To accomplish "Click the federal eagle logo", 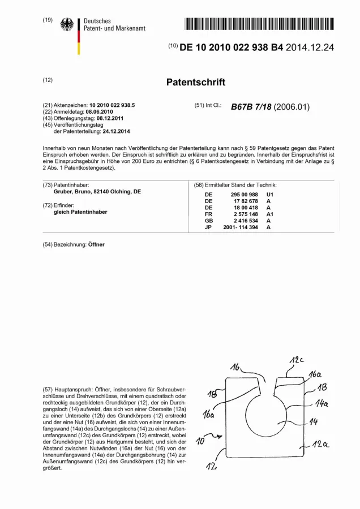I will point(67,25).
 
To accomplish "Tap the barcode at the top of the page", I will point(260,23).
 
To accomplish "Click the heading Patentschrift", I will point(195,82).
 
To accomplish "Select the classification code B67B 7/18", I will point(251,107).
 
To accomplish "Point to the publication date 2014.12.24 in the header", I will point(310,48).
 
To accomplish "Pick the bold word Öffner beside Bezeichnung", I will point(96,244).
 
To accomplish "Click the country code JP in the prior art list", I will point(208,227).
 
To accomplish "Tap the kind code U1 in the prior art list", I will point(269,194).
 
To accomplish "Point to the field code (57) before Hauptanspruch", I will point(48,390).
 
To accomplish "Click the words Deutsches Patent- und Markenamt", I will point(114,24).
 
